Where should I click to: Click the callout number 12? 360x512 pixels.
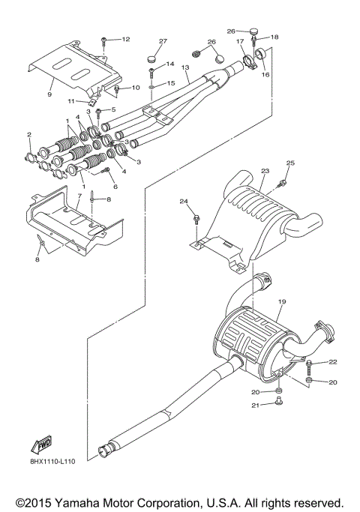pos(125,38)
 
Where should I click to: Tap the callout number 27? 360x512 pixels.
pos(162,40)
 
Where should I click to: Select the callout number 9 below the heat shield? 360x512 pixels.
pos(49,95)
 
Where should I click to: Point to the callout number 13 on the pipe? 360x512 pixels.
pos(184,68)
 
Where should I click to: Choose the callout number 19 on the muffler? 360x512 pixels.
pos(283,301)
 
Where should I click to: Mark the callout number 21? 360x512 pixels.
pos(254,406)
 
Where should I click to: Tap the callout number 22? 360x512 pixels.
pos(333,362)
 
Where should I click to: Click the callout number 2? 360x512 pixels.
pos(29,135)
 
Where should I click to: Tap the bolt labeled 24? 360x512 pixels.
pos(196,219)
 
